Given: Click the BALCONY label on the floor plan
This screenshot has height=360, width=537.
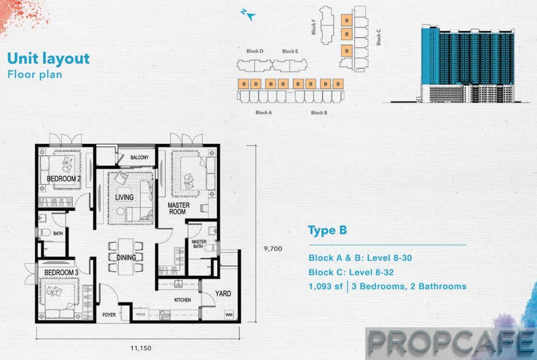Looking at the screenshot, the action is [x=140, y=157].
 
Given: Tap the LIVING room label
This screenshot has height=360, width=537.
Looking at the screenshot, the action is [x=124, y=197].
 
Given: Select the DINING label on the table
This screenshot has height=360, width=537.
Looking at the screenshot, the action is [x=126, y=258].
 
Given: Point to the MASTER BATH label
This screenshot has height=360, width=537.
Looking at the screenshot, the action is [x=199, y=244].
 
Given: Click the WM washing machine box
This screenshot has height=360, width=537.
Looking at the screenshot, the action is [x=229, y=315].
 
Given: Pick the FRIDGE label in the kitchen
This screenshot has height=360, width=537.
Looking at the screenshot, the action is [x=140, y=314].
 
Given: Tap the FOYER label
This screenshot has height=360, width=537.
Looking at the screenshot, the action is [x=109, y=315].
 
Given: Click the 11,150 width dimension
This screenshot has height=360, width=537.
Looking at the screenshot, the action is [x=141, y=348].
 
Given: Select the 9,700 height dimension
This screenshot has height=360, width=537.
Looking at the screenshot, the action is [x=273, y=249].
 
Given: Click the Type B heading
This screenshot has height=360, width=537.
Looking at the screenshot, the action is [x=328, y=230].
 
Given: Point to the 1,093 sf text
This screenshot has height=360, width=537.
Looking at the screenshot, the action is [x=325, y=286].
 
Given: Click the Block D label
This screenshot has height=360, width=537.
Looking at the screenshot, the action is [x=255, y=51].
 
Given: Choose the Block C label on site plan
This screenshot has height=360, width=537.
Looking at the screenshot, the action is [x=378, y=37].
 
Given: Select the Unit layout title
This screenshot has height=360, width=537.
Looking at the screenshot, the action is [x=49, y=58].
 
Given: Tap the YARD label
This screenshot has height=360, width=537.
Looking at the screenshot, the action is [x=223, y=294].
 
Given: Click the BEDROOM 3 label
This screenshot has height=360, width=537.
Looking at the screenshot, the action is [x=61, y=273].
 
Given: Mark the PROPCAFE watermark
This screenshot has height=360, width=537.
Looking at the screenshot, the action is [x=451, y=343].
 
